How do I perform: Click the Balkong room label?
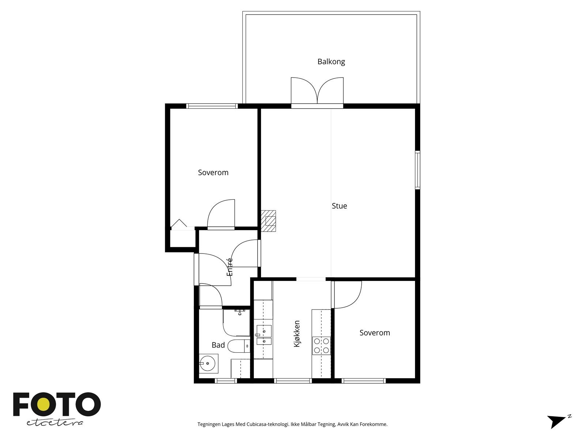pyautogui.click(x=331, y=61)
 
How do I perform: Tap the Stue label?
pyautogui.click(x=339, y=206)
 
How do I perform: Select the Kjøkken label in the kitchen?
pyautogui.click(x=297, y=334)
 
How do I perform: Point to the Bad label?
pyautogui.click(x=218, y=345)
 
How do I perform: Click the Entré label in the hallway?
pyautogui.click(x=230, y=267)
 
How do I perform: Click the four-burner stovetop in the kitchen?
pyautogui.click(x=321, y=345)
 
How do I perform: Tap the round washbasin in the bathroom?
pyautogui.click(x=208, y=363)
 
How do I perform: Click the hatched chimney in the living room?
pyautogui.click(x=268, y=221)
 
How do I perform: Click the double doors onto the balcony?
pyautogui.click(x=317, y=91)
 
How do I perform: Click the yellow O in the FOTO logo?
pyautogui.click(x=43, y=404)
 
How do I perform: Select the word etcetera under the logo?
pyautogui.click(x=54, y=423)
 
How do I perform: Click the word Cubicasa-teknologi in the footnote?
pyautogui.click(x=268, y=424)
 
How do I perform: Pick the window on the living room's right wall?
pyautogui.click(x=418, y=170)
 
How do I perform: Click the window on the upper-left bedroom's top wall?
pyautogui.click(x=212, y=106)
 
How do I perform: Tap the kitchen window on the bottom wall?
pyautogui.click(x=292, y=381)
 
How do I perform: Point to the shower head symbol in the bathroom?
pyautogui.click(x=240, y=312)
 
